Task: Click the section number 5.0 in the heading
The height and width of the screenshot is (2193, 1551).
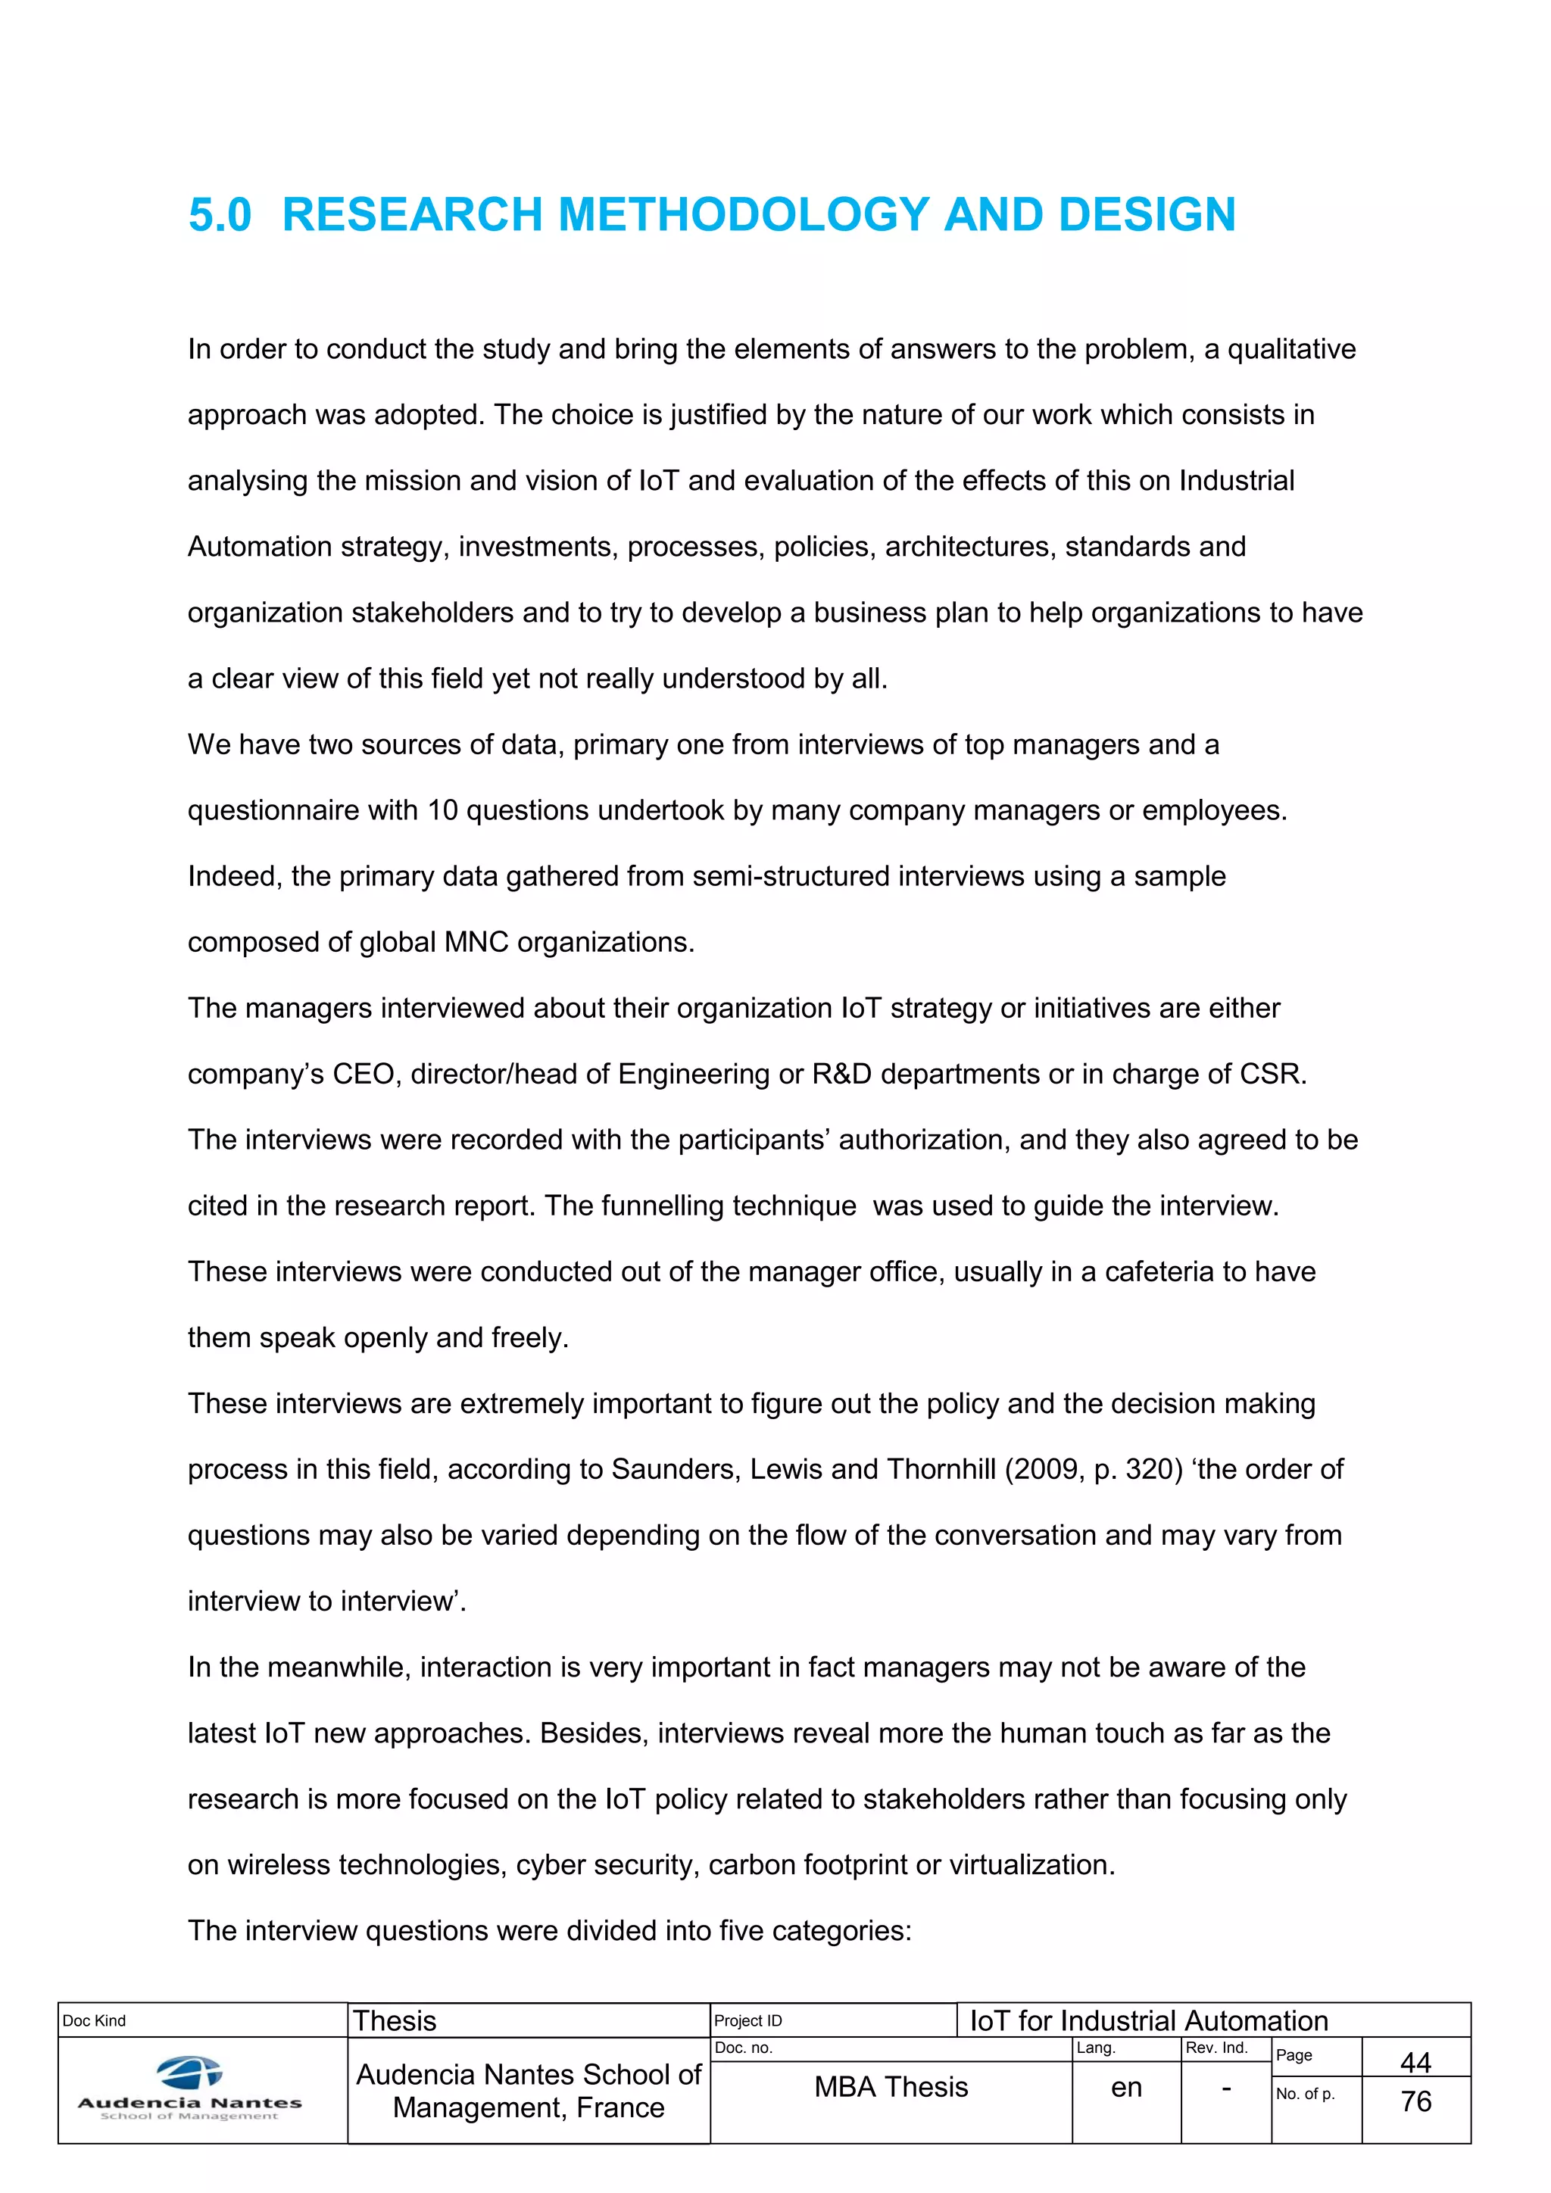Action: pyautogui.click(x=220, y=214)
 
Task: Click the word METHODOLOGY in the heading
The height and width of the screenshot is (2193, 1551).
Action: pyautogui.click(x=743, y=214)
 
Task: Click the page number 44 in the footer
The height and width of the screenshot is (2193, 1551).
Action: pyautogui.click(x=1415, y=2062)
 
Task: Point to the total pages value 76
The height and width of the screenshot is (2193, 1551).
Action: pyautogui.click(x=1415, y=2101)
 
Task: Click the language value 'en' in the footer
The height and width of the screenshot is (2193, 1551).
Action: pyautogui.click(x=1126, y=2088)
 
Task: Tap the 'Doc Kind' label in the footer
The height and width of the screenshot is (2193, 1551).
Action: pyautogui.click(x=94, y=2020)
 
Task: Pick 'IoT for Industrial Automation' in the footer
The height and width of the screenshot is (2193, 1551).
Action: pyautogui.click(x=1149, y=2020)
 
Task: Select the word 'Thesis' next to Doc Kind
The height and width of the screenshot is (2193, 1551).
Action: pyautogui.click(x=395, y=2020)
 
